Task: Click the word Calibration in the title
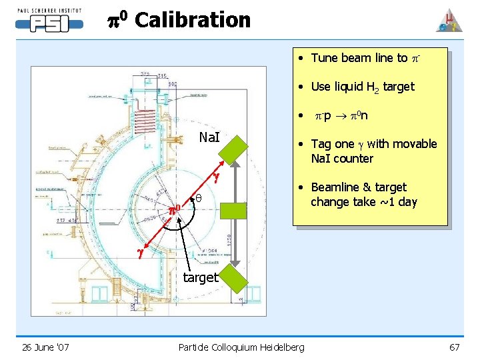click(x=193, y=20)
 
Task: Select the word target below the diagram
click(x=200, y=277)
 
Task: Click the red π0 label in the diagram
click(x=175, y=209)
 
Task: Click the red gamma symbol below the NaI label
click(x=216, y=177)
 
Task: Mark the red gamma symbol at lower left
click(x=141, y=253)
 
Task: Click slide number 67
click(x=455, y=347)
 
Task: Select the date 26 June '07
click(x=45, y=347)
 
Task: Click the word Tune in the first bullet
click(x=324, y=58)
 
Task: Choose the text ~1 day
click(x=398, y=202)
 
